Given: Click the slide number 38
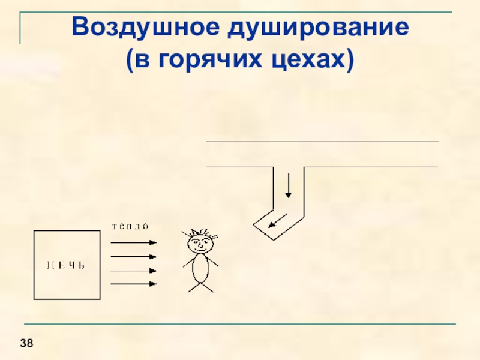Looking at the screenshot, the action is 26,343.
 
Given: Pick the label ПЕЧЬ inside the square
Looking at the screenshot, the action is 66,265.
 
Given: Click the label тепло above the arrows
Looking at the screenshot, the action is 130,226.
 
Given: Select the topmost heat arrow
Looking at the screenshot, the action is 134,243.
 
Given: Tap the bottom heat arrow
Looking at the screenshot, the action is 134,284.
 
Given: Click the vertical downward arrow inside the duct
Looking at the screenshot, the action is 289,185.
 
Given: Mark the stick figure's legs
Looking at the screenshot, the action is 200,287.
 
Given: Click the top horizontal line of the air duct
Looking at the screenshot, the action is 322,142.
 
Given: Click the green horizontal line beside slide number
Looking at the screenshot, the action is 252,325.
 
